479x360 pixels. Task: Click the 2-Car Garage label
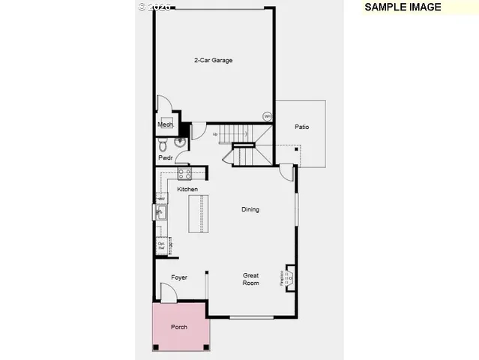(213, 60)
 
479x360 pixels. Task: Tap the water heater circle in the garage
(267, 116)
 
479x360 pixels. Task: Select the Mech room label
(165, 124)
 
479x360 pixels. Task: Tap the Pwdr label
(165, 157)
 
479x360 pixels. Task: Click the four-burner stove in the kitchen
(184, 175)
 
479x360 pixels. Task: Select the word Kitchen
(187, 189)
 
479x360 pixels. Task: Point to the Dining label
(250, 209)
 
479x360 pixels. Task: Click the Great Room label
(250, 279)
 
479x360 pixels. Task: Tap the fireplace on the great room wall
(289, 278)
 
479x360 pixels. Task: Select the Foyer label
(179, 277)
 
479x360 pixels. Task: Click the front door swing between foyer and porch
(167, 293)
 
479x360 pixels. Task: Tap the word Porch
(179, 327)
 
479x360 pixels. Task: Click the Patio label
(301, 127)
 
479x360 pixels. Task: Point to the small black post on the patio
(297, 149)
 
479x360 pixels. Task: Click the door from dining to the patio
(286, 171)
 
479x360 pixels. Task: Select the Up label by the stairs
(216, 134)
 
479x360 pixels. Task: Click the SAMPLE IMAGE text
(402, 7)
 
